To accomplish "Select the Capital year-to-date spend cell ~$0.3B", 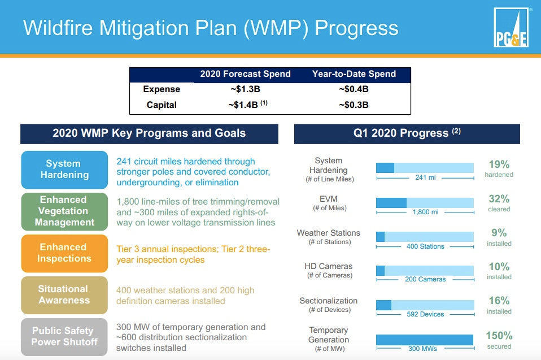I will pos(354,105).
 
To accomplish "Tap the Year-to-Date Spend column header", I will pos(354,74).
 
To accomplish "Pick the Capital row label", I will pos(162,105).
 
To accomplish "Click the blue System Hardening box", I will pos(64,170).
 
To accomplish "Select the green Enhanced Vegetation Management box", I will pos(64,211).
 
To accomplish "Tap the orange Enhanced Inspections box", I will pos(64,253).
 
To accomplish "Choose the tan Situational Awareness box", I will pos(64,294).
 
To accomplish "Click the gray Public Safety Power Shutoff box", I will pos(64,336).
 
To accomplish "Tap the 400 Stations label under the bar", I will pos(425,246).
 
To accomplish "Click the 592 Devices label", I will pos(425,314).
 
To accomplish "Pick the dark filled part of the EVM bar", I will pos(391,203).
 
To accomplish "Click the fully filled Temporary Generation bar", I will pos(425,340).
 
